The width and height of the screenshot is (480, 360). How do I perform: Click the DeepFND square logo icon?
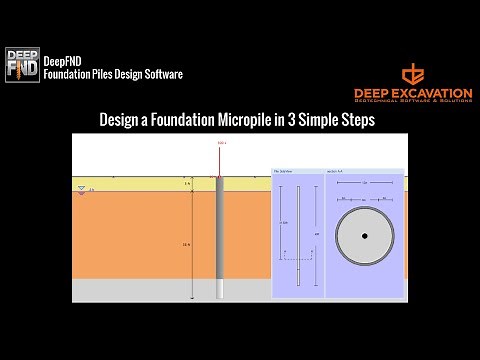pyautogui.click(x=22, y=65)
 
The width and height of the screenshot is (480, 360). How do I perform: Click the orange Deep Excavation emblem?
pyautogui.click(x=413, y=75)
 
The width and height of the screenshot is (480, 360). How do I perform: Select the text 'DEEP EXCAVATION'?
pyautogui.click(x=413, y=93)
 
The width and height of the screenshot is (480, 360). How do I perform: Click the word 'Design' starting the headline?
pyautogui.click(x=122, y=120)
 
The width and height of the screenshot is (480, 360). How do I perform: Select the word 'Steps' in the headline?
pyautogui.click(x=357, y=120)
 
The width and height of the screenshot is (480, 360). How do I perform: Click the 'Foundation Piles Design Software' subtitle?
pyautogui.click(x=113, y=74)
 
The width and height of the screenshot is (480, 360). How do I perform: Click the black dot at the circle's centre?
pyautogui.click(x=365, y=236)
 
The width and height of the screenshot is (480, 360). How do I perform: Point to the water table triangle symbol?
pyautogui.click(x=82, y=190)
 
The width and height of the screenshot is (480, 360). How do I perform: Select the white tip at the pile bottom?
pyautogui.click(x=221, y=289)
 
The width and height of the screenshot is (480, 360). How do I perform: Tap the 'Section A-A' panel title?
pyautogui.click(x=334, y=172)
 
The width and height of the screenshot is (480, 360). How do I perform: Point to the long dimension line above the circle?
pyautogui.click(x=365, y=184)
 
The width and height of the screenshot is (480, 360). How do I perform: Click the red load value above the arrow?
pyautogui.click(x=221, y=144)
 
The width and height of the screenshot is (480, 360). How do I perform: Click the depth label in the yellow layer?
pyautogui.click(x=186, y=185)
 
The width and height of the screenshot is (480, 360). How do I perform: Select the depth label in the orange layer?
pyautogui.click(x=186, y=244)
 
